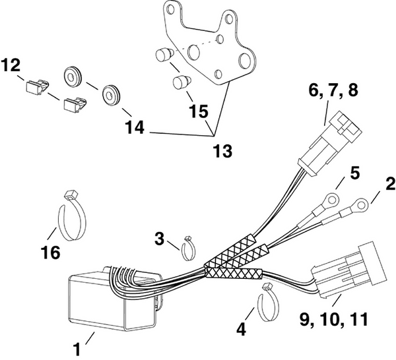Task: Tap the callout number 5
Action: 354,174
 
